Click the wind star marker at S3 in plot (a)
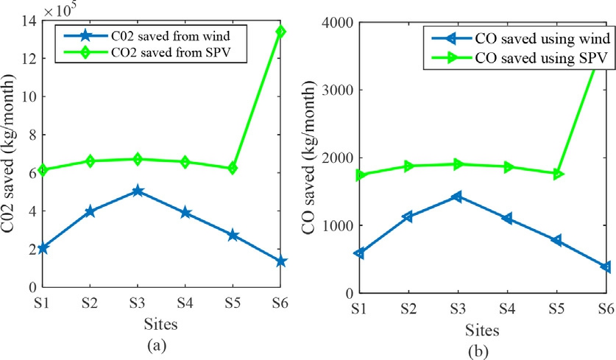click(137, 191)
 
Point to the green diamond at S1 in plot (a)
click(43, 169)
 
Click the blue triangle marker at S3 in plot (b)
click(456, 197)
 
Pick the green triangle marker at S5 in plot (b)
click(558, 174)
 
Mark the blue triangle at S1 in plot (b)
click(358, 253)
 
